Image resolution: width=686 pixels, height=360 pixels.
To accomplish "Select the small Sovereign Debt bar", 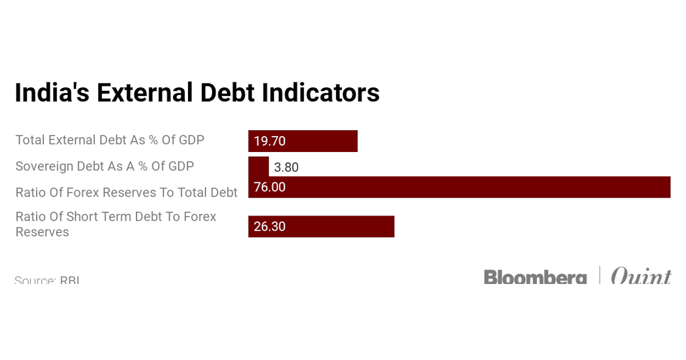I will pos(258,166).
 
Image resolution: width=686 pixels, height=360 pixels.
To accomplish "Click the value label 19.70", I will pos(269,141).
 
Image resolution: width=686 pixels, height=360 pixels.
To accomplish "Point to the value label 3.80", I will pos(286,167).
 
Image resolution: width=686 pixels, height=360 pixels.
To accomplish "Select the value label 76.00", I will pos(269,187).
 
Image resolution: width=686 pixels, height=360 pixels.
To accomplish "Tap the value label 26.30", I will pos(269,226).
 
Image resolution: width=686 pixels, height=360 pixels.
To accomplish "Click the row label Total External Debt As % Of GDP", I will pos(110,139).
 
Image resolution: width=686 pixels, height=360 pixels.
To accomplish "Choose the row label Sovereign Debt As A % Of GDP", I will pos(105,166).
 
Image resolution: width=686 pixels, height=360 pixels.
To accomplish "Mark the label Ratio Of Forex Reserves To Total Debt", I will pos(126,193).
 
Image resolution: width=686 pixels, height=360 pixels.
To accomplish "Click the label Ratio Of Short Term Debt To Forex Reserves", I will pos(115,224).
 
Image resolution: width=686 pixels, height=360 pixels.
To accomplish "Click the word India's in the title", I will pos(51,93).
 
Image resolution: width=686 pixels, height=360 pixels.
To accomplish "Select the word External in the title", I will pos(143,93).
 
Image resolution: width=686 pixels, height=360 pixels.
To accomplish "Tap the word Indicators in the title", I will pos(320,93).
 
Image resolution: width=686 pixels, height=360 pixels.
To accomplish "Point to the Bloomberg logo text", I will pos(535,277).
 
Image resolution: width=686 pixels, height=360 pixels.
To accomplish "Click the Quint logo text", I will pos(640,277).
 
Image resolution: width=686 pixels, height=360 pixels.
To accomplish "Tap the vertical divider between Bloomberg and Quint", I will pos(600,275).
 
